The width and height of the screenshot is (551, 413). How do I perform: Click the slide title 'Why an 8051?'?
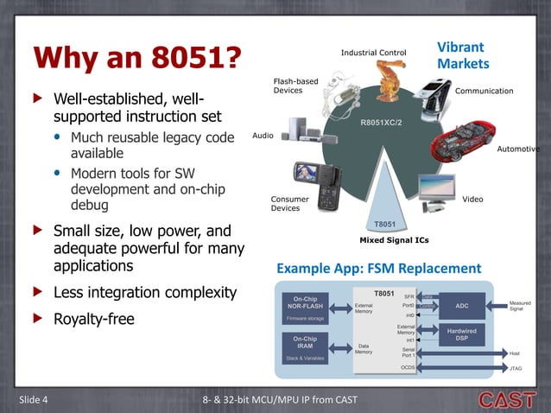point(136,58)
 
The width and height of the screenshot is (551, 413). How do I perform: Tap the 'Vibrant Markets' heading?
point(462,55)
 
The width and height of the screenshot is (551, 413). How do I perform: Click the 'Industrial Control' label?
point(373,53)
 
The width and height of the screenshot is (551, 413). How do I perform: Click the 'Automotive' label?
point(518,149)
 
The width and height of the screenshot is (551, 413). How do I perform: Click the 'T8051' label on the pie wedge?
point(383,223)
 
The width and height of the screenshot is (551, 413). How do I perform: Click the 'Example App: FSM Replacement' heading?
point(378,269)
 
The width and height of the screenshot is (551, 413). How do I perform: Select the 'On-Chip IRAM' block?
point(305,346)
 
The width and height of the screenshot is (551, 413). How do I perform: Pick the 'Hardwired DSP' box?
point(461,334)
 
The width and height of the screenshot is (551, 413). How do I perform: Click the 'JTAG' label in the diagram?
point(516,369)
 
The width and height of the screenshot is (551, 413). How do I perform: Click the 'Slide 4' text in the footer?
point(34,398)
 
